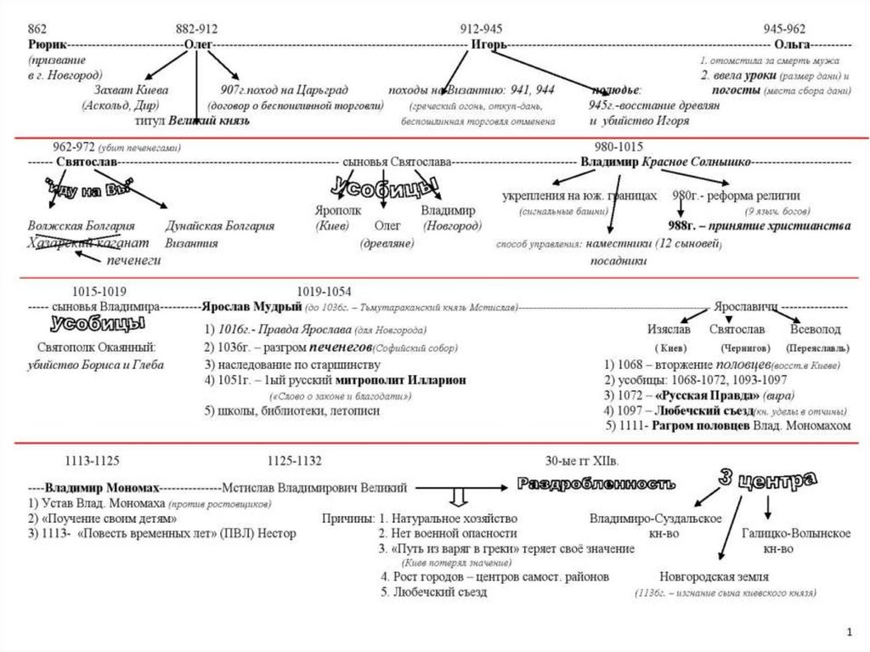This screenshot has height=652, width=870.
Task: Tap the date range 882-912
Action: tap(197, 28)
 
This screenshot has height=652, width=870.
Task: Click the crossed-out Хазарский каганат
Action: tap(82, 243)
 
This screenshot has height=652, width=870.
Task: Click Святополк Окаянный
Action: tap(96, 347)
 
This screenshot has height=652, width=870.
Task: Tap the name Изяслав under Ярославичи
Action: tap(669, 329)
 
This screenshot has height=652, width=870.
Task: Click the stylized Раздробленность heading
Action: tap(596, 485)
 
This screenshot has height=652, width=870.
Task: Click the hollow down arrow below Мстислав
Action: tap(458, 496)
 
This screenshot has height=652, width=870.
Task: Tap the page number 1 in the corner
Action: tap(849, 632)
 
